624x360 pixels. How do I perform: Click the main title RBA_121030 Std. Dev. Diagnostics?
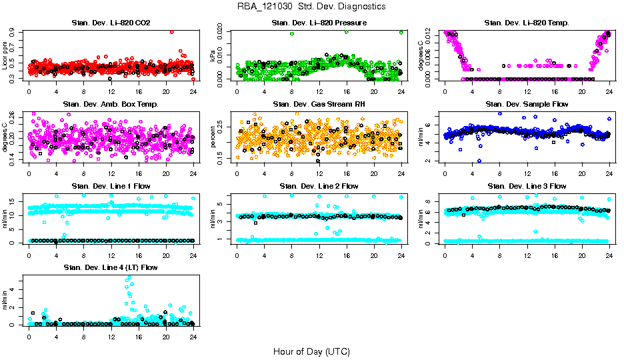click(311, 7)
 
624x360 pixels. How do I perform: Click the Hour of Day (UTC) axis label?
click(311, 351)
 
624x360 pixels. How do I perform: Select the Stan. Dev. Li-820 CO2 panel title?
click(111, 23)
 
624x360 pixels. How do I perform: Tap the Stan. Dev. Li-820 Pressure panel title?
click(319, 23)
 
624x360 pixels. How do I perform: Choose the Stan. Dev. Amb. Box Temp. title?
click(111, 105)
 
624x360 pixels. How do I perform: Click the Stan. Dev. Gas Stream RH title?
click(319, 105)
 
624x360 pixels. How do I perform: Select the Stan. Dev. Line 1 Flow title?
click(111, 186)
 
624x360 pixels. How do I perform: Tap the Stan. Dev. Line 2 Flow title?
click(319, 186)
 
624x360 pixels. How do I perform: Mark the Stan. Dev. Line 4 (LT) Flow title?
click(111, 267)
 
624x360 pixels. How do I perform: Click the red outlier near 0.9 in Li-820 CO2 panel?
click(172, 31)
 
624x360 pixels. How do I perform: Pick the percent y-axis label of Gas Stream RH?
click(213, 137)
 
